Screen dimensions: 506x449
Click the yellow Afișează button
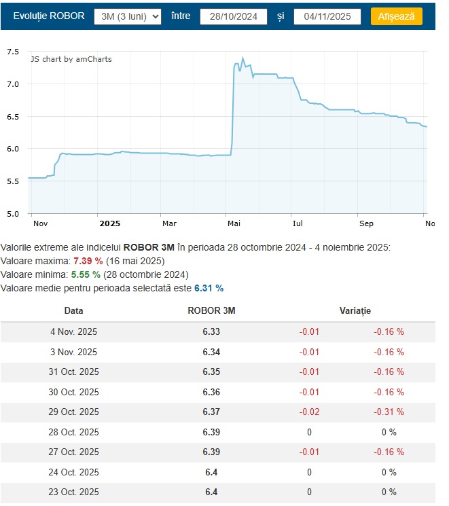coord(397,16)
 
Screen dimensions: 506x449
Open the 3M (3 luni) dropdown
coord(128,16)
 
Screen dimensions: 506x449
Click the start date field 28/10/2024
coord(234,16)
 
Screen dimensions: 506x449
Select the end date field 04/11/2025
coord(327,16)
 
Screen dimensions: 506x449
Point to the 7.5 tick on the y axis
coord(13,52)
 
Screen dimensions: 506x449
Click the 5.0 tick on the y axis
coord(13,213)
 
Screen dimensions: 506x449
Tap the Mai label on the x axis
coord(234,223)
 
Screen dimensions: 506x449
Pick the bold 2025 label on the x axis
coord(109,223)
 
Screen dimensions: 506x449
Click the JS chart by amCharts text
coord(71,59)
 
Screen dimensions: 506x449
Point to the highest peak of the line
coord(243,58)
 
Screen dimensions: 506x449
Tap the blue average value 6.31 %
coord(209,288)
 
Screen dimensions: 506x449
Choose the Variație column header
coord(355,310)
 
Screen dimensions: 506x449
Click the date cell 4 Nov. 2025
coord(74,331)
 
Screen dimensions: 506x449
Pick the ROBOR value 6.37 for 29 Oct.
coord(211,412)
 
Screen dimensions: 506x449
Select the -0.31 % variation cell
coord(389,412)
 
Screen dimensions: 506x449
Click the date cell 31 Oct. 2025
coord(74,372)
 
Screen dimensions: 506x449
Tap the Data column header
coord(74,310)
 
